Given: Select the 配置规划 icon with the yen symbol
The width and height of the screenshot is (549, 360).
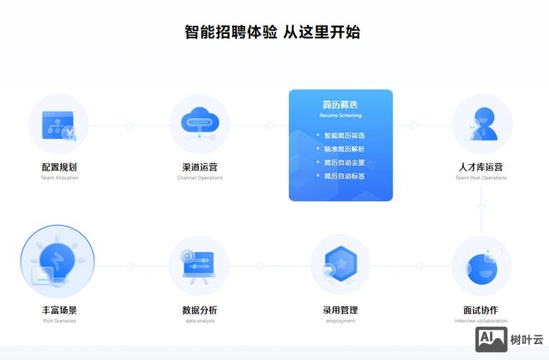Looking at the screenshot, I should click(59, 125).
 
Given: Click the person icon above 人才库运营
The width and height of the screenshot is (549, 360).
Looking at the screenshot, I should click(482, 124).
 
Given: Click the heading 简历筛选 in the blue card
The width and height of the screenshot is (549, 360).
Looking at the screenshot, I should click(341, 104).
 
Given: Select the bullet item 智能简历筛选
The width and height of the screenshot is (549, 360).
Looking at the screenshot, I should click(344, 135).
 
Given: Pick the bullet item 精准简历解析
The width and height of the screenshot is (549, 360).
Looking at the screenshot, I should click(344, 149).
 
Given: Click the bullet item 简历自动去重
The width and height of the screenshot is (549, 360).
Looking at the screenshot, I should click(344, 163).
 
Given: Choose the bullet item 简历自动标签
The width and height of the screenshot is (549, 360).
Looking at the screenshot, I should click(344, 176).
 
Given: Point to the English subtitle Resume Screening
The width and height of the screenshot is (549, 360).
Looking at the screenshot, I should click(341, 115).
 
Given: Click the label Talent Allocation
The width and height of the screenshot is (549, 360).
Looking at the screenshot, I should click(59, 178).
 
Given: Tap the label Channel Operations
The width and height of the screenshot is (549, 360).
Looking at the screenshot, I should click(200, 178).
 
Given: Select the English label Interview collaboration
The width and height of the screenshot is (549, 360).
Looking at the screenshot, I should click(481, 321).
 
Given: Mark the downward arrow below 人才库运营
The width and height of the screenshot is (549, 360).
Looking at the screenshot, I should click(481, 208).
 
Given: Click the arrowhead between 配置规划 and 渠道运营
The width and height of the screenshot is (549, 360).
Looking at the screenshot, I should click(130, 126).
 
